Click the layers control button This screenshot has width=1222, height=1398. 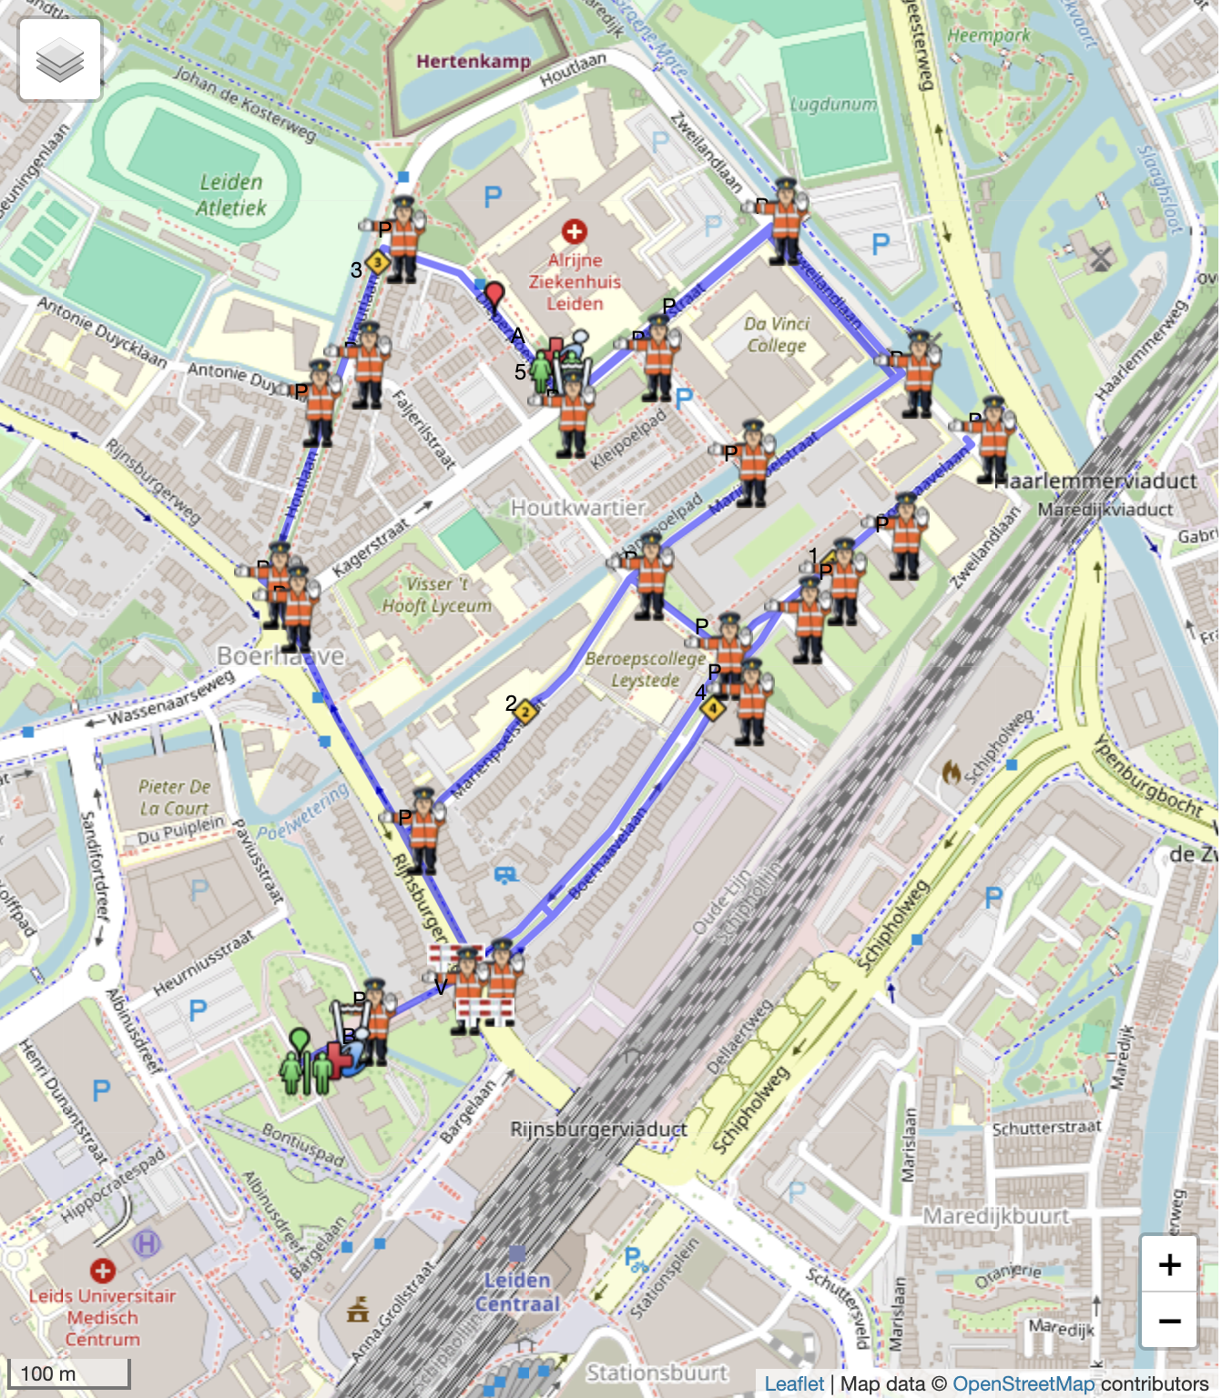pyautogui.click(x=60, y=60)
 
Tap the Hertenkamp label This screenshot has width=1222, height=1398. pyautogui.click(x=473, y=62)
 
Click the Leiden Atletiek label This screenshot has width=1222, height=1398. pyautogui.click(x=231, y=195)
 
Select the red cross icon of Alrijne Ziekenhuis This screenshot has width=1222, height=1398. pyautogui.click(x=574, y=231)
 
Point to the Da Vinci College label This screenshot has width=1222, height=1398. pyautogui.click(x=776, y=334)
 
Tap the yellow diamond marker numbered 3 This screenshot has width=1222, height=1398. pyautogui.click(x=378, y=263)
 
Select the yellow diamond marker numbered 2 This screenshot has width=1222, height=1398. pyautogui.click(x=524, y=712)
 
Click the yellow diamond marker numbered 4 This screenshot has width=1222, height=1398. pyautogui.click(x=713, y=707)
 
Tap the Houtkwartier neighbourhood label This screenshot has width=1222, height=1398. pyautogui.click(x=577, y=507)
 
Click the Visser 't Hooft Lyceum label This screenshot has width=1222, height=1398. pyautogui.click(x=436, y=595)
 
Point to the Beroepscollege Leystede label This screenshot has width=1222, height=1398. pyautogui.click(x=645, y=669)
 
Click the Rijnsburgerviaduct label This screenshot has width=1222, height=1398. pyautogui.click(x=598, y=1130)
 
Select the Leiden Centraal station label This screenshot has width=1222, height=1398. pyautogui.click(x=517, y=1292)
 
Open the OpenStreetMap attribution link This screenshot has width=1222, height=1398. pyautogui.click(x=1023, y=1384)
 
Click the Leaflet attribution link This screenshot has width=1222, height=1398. pyautogui.click(x=793, y=1384)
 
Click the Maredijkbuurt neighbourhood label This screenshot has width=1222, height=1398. pyautogui.click(x=996, y=1216)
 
